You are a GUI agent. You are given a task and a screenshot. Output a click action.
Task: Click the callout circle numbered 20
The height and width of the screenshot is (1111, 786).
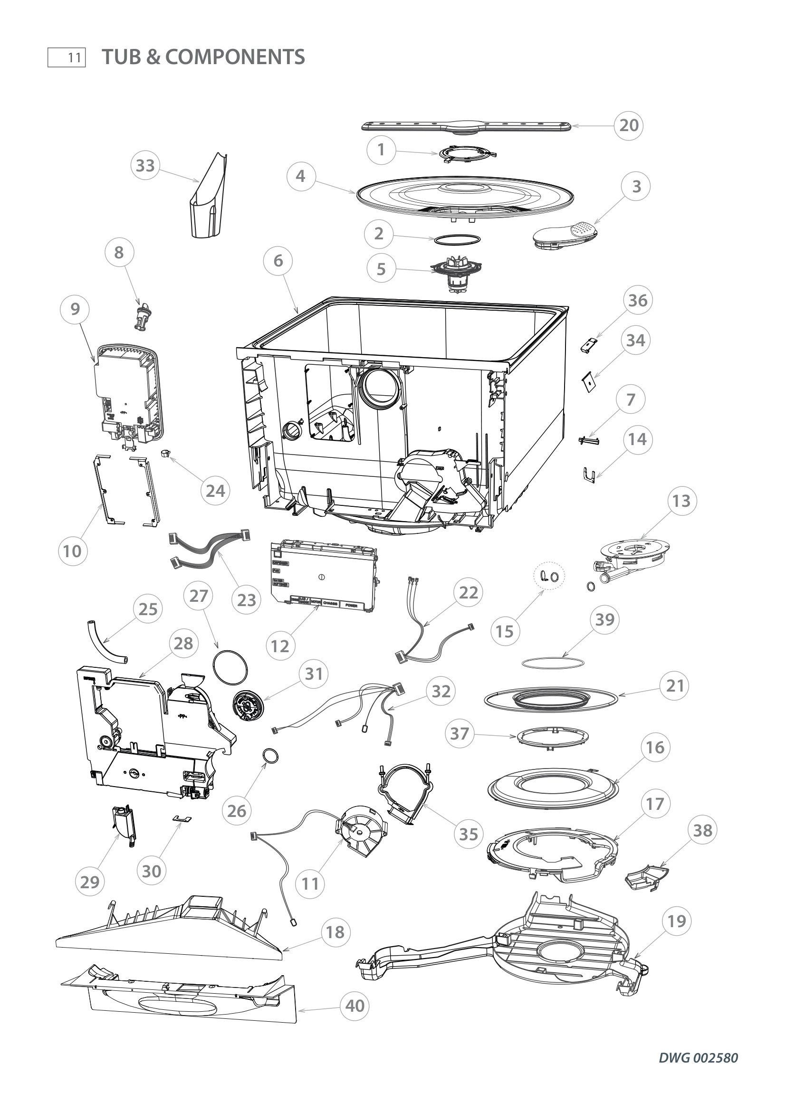point(629,125)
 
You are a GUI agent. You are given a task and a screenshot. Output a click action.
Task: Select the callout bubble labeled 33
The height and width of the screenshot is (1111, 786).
point(145,165)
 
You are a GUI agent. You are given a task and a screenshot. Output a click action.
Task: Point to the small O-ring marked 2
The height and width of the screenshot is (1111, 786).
point(456,239)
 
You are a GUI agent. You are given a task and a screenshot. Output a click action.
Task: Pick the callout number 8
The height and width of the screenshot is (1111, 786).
point(119,252)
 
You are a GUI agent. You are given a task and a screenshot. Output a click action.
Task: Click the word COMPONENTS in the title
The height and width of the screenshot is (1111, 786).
point(235,57)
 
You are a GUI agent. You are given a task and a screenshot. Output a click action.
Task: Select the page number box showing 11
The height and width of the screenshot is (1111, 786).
point(67,57)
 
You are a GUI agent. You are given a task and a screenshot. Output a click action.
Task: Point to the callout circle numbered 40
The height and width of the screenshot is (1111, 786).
point(355,1006)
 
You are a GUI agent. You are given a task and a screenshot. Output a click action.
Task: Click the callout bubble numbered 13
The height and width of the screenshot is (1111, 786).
point(681,501)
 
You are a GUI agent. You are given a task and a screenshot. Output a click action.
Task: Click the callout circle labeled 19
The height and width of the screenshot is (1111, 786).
point(677,921)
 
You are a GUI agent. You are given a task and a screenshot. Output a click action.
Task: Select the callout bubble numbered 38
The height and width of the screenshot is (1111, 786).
point(702,830)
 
